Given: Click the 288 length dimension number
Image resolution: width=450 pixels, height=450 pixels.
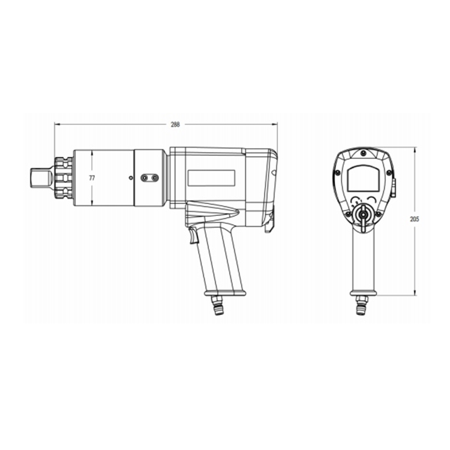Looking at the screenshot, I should [x=175, y=124].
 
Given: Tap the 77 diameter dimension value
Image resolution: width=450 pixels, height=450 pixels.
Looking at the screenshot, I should [x=92, y=178].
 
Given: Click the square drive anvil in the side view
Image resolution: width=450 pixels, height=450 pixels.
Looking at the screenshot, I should [x=40, y=178].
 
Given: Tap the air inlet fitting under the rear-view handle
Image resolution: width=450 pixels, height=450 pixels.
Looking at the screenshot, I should [x=361, y=305].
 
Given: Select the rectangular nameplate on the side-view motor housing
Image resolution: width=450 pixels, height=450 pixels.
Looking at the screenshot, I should [x=211, y=178].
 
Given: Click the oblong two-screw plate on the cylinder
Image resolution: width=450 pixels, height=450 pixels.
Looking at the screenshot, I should [x=149, y=178].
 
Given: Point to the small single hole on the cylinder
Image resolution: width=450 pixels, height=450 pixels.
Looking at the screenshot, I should [x=131, y=178].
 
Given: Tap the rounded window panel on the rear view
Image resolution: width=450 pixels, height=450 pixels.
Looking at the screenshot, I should [x=362, y=178].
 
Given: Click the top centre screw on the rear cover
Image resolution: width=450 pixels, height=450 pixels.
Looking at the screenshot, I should [x=362, y=154].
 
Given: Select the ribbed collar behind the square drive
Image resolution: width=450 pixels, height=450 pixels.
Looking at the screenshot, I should [x=64, y=178].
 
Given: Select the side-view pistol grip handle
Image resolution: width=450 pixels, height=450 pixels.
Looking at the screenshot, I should [x=221, y=258].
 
